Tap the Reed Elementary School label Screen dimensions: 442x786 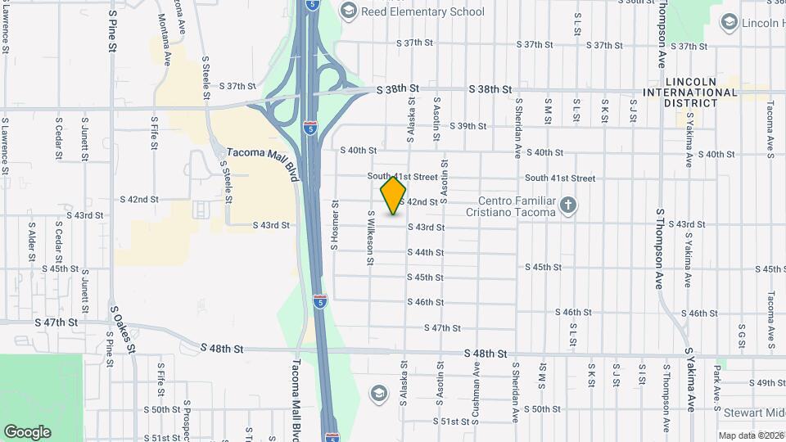click(423, 11)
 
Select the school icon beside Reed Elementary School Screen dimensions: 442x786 click(348, 11)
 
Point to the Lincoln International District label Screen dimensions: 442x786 click(702, 88)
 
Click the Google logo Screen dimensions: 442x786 click(27, 432)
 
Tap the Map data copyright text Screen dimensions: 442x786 click(751, 435)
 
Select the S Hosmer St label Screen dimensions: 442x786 click(335, 224)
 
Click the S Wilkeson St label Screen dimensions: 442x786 click(371, 237)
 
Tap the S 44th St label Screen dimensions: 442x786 click(426, 252)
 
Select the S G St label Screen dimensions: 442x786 click(742, 336)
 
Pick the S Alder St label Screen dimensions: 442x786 click(32, 241)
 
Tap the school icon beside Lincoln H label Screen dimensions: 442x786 click(729, 24)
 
